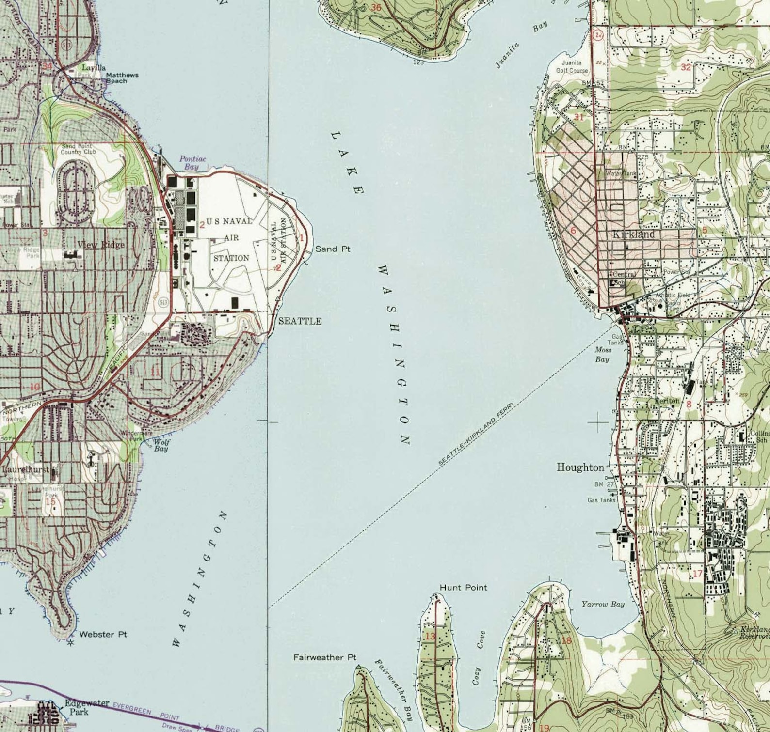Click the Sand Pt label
[333, 249]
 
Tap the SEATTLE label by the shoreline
[300, 321]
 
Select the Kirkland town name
[634, 234]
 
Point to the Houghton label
[580, 467]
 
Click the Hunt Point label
[463, 587]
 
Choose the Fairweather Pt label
[324, 657]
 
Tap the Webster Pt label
[103, 634]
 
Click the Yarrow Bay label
[603, 604]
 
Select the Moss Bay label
[602, 354]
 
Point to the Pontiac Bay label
[192, 162]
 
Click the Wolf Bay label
[161, 445]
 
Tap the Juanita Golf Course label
[572, 66]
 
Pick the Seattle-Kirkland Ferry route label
[476, 435]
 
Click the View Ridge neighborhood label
[100, 245]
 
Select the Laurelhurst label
[25, 469]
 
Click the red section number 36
[376, 7]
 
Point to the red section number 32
[685, 67]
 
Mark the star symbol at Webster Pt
[71, 643]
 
